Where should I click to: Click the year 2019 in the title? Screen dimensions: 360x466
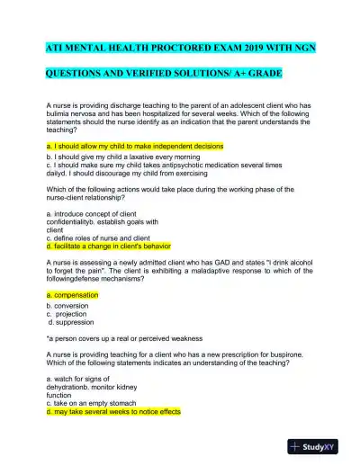(x=242, y=45)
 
